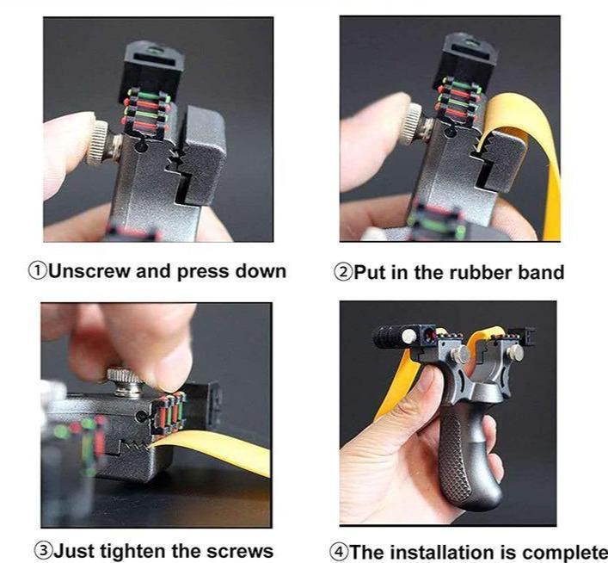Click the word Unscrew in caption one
[x=85, y=271]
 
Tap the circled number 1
[x=39, y=271]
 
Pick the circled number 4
[x=342, y=552]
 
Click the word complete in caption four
[x=568, y=552]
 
